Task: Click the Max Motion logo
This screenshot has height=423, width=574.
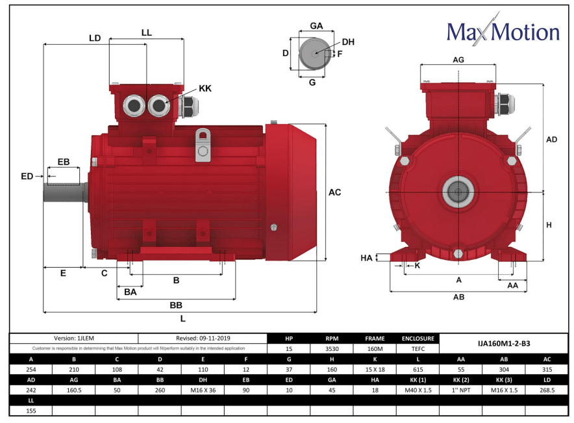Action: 503,32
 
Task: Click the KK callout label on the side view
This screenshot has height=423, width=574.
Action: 205,88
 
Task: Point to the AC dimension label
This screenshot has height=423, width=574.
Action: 334,192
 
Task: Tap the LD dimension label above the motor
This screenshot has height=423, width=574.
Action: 95,38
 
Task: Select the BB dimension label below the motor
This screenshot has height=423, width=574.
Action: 176,305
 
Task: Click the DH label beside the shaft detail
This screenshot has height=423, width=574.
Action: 349,42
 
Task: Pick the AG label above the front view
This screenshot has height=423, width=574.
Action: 458,59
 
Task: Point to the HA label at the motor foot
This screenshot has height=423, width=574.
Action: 366,258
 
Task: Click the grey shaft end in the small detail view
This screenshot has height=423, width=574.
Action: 314,54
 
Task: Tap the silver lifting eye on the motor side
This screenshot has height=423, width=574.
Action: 203,145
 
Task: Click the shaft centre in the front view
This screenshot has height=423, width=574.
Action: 458,192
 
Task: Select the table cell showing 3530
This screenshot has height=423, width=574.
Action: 332,349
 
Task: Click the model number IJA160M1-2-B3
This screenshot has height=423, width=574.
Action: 505,343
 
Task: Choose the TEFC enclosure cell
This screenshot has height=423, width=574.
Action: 418,349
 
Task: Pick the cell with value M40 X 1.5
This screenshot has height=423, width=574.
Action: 418,391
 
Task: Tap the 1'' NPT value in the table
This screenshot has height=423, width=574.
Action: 461,391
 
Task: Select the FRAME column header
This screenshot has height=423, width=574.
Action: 375,339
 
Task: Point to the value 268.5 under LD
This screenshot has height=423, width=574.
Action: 547,391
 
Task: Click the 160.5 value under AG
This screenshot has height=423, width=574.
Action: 73,391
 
